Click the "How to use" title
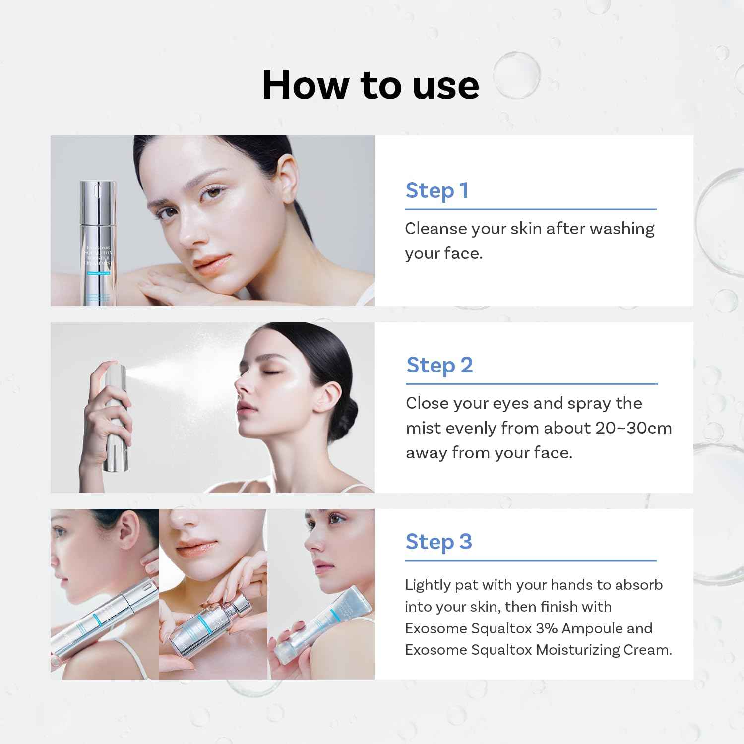[x=370, y=85]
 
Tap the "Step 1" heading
[x=436, y=191]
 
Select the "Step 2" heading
[x=439, y=366]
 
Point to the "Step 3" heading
[x=438, y=542]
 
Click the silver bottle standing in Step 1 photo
[x=98, y=243]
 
